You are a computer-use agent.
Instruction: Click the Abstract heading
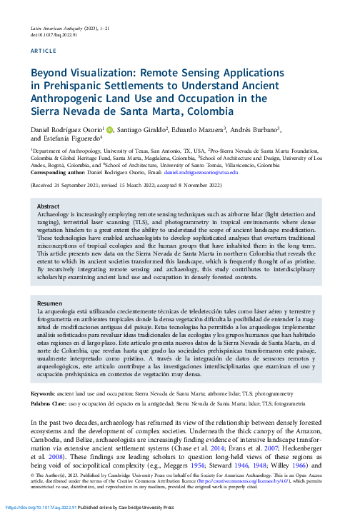coord(49,205)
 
